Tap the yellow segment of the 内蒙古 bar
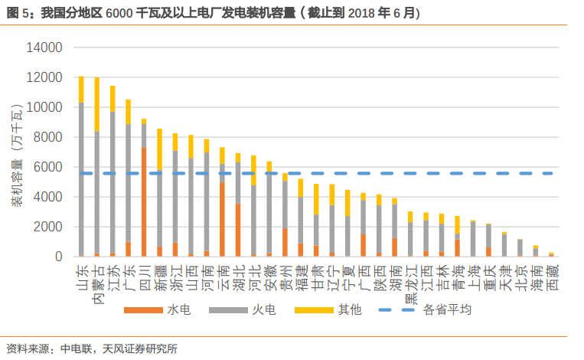(x=96, y=104)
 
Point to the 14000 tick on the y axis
(x=45, y=47)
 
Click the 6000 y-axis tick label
(x=49, y=167)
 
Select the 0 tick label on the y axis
(x=58, y=257)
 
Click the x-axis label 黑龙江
(x=410, y=280)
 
